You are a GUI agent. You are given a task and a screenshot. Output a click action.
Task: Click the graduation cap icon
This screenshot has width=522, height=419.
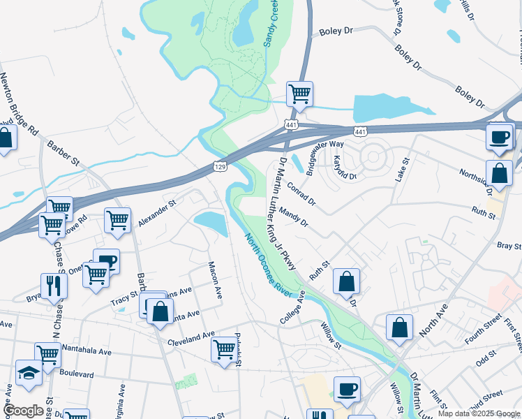point(28,373)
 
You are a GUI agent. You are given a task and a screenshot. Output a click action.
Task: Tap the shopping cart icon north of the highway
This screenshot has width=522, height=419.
point(299,93)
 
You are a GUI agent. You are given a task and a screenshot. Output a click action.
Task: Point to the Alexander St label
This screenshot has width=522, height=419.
point(156,212)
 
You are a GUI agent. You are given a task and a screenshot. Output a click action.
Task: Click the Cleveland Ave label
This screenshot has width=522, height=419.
point(191,339)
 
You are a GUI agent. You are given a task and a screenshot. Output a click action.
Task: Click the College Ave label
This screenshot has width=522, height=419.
point(293,305)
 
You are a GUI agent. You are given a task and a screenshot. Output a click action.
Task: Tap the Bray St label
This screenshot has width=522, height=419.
point(509,246)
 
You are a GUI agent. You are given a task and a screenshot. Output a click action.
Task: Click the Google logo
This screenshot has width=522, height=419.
point(24,411)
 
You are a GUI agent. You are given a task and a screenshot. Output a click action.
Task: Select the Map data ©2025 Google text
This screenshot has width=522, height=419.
point(479,413)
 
